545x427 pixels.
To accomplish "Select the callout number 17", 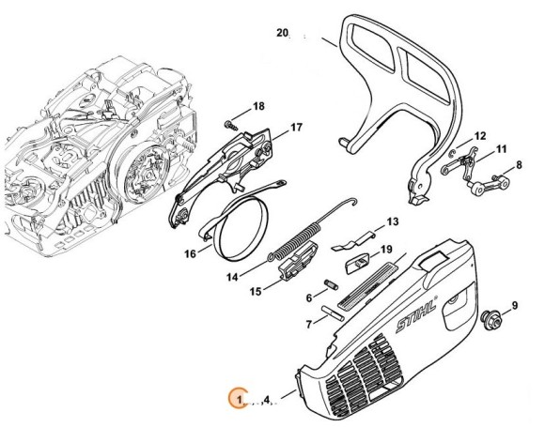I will (x=295, y=127).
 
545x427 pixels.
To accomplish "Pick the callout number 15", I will (x=256, y=292).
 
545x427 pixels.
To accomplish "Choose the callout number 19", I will (x=385, y=249).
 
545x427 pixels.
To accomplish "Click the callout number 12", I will (x=479, y=136).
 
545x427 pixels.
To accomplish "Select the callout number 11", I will (x=501, y=148).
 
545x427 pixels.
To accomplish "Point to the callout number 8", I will (x=520, y=165).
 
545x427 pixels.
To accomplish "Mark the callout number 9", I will (x=514, y=305).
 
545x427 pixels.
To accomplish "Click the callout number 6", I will (x=308, y=297).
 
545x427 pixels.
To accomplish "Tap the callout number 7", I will (x=308, y=324).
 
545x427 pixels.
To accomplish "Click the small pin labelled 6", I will (x=331, y=283).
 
